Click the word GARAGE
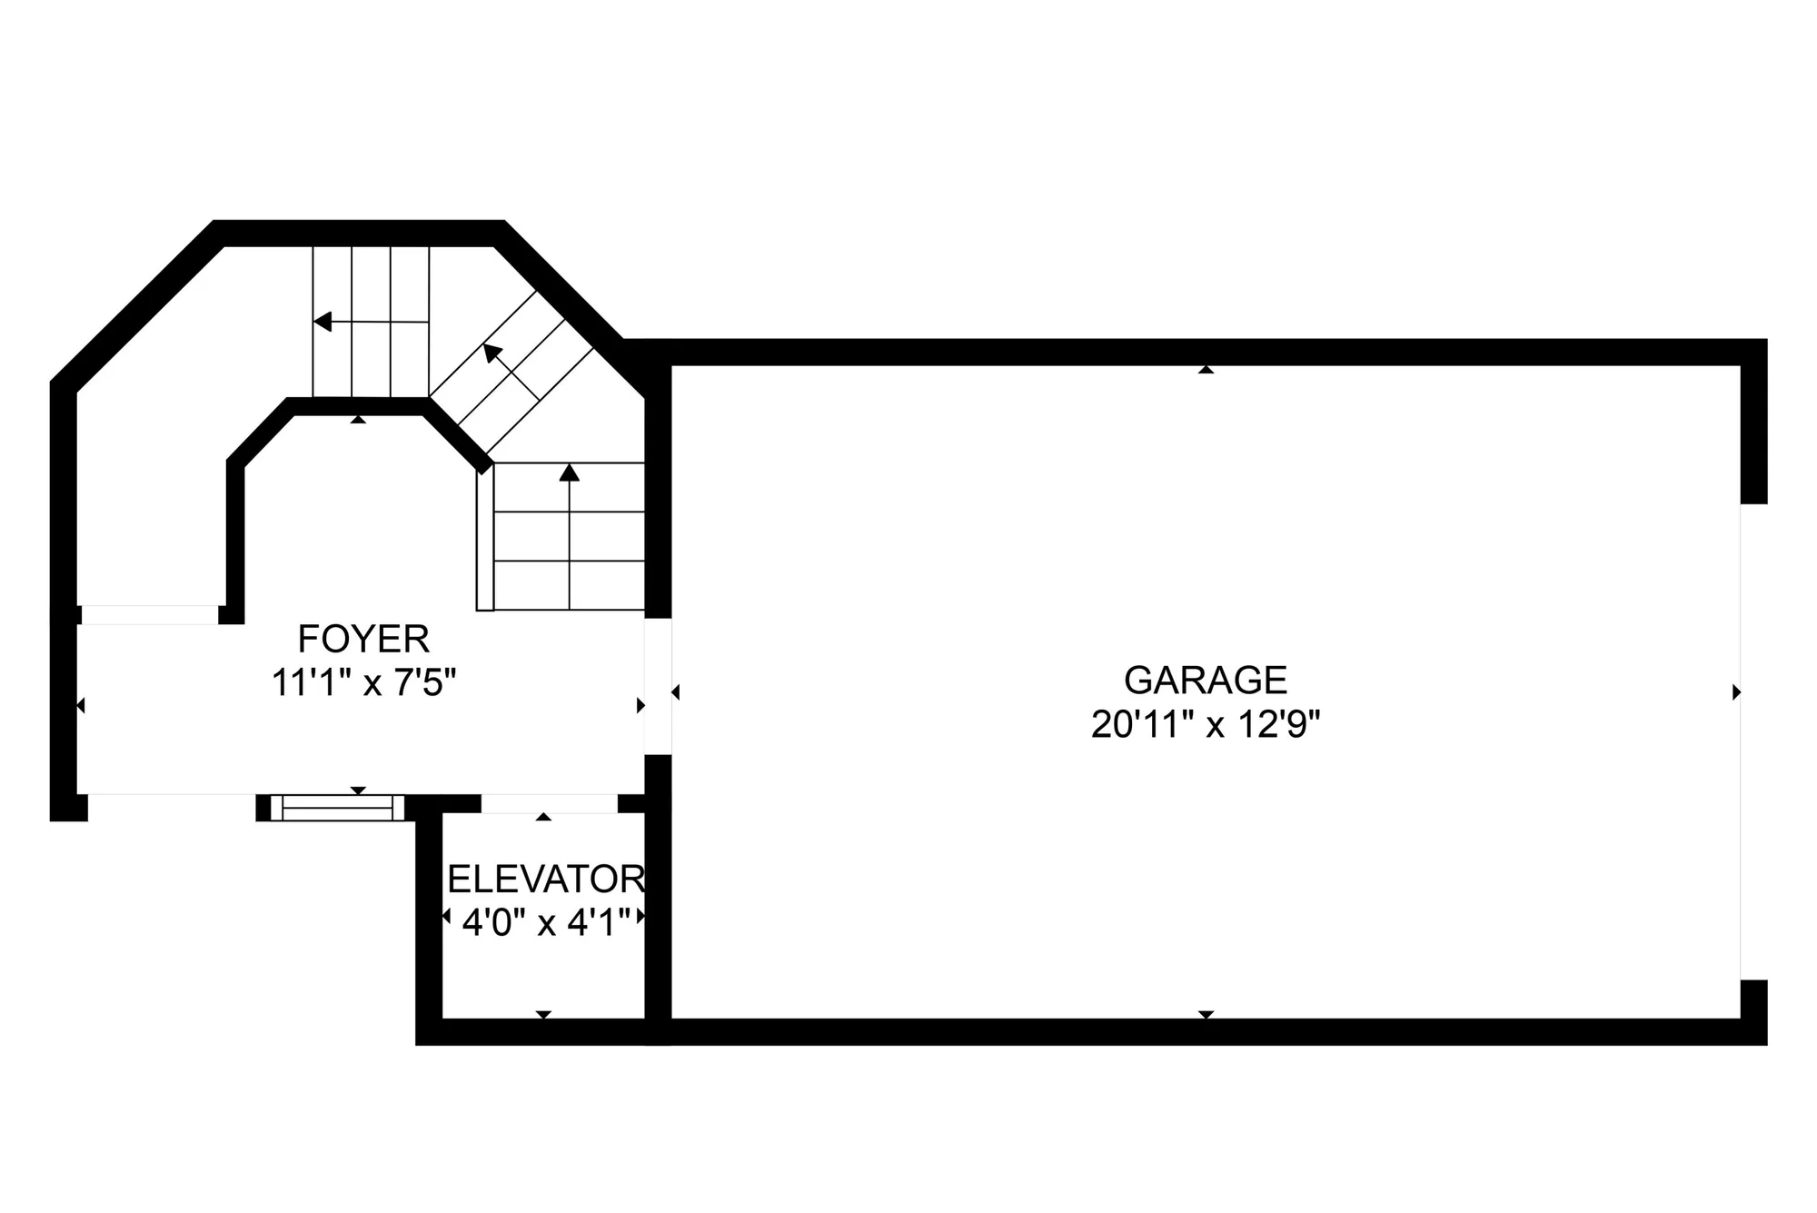[x=1206, y=680]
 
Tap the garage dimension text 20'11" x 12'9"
[x=1206, y=725]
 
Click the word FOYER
[x=363, y=639]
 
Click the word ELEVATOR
[x=546, y=879]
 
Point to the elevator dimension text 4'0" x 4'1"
[x=546, y=923]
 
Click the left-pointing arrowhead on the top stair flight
[x=323, y=322]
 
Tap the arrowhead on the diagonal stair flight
[x=492, y=353]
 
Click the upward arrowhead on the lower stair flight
[x=570, y=472]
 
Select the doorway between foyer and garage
[x=658, y=686]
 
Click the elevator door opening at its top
[x=549, y=803]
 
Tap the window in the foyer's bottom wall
[x=338, y=808]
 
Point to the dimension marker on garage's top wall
[x=1206, y=370]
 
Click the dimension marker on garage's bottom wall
[x=1206, y=1014]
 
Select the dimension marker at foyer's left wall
[x=81, y=705]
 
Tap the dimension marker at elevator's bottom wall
[x=543, y=1014]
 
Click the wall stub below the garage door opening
[x=1753, y=1012]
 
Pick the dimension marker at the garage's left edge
[x=675, y=692]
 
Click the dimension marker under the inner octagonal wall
[x=358, y=419]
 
